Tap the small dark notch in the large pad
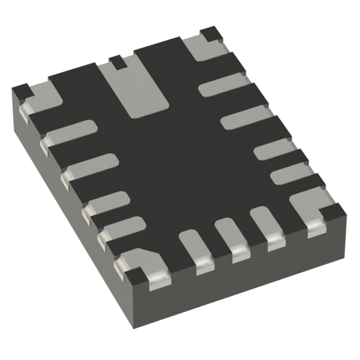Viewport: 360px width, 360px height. click(116, 62)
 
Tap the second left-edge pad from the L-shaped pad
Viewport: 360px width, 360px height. click(90, 166)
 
